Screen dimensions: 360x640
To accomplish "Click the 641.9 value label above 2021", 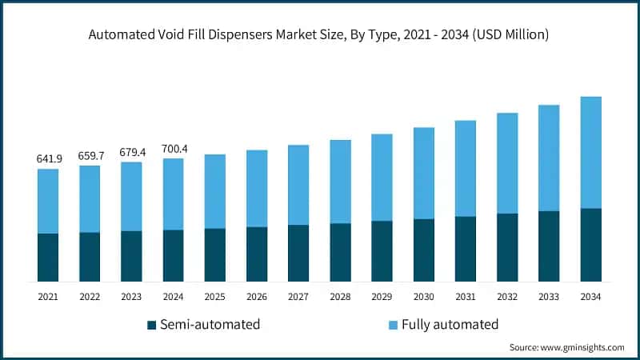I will point(48,159).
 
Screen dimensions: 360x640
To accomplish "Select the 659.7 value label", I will point(90,156).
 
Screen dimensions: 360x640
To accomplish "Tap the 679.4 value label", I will point(131,152).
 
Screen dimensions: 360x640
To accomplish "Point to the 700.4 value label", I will point(173,149).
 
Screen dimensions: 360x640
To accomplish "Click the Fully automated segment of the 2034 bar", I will point(590,152).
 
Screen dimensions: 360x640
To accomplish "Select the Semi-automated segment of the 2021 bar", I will point(48,257).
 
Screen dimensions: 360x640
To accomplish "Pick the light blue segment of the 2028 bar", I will point(340,182).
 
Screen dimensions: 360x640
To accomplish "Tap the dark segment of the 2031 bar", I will point(466,249).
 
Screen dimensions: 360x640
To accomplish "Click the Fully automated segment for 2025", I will point(214,191).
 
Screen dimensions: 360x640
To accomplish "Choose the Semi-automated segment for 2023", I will point(131,256).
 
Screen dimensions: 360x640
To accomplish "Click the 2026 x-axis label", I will point(257,297).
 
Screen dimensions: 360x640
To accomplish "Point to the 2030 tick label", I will point(424,297).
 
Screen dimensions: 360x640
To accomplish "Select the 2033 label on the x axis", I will point(549,297).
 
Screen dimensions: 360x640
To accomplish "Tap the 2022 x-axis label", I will point(90,297).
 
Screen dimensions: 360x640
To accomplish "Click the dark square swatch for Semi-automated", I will point(151,326).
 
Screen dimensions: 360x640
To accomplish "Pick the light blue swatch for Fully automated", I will point(394,326).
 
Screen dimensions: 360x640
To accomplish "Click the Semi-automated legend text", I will point(210,325).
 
